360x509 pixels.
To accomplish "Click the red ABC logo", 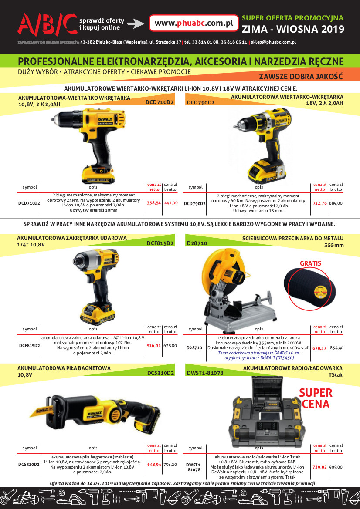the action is click(47, 24).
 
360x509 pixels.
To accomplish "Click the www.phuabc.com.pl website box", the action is click(194, 23).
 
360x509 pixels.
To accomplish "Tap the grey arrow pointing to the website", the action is click(136, 24).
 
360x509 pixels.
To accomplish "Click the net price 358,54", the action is click(154, 203).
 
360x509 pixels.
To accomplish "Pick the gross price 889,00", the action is click(336, 203).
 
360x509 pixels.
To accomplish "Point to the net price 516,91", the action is click(154, 346).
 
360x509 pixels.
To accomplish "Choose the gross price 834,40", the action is click(336, 348).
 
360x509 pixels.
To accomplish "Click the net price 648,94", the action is click(154, 465).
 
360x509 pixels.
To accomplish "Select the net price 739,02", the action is click(319, 467).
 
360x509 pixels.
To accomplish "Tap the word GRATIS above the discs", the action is click(310, 263).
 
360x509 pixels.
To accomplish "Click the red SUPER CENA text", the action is click(316, 398).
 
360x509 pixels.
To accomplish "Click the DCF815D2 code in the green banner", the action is click(160, 243).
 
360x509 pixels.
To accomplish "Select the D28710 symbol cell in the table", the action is click(194, 348).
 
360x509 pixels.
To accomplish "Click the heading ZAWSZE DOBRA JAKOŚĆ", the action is click(301, 77).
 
